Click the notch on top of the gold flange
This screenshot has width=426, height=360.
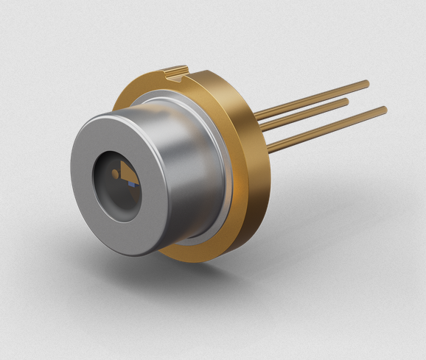177,71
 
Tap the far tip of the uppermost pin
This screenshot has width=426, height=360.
366,83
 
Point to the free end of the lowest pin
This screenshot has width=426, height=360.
384,110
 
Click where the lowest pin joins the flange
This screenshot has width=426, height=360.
268,147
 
